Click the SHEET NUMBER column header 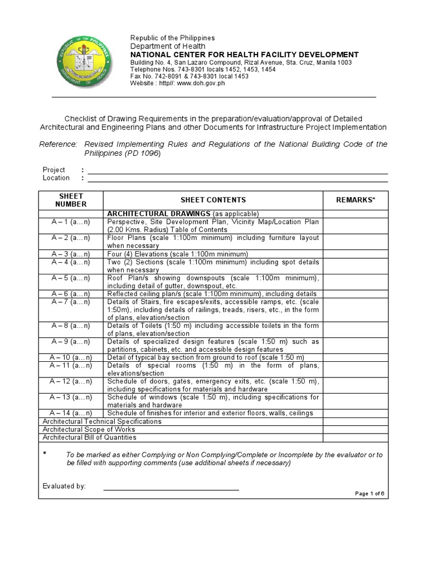71,200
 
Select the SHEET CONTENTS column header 213,200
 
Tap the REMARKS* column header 356,200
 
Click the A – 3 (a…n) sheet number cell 71,254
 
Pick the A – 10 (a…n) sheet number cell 71,357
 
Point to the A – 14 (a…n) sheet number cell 71,413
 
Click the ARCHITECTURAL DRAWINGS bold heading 158,214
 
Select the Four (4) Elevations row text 169,254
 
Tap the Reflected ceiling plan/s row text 212,294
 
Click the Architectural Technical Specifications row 102,421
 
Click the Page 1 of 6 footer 369,494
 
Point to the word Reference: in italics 58,144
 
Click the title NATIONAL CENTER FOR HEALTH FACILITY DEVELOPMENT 245,55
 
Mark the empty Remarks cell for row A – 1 356,225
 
